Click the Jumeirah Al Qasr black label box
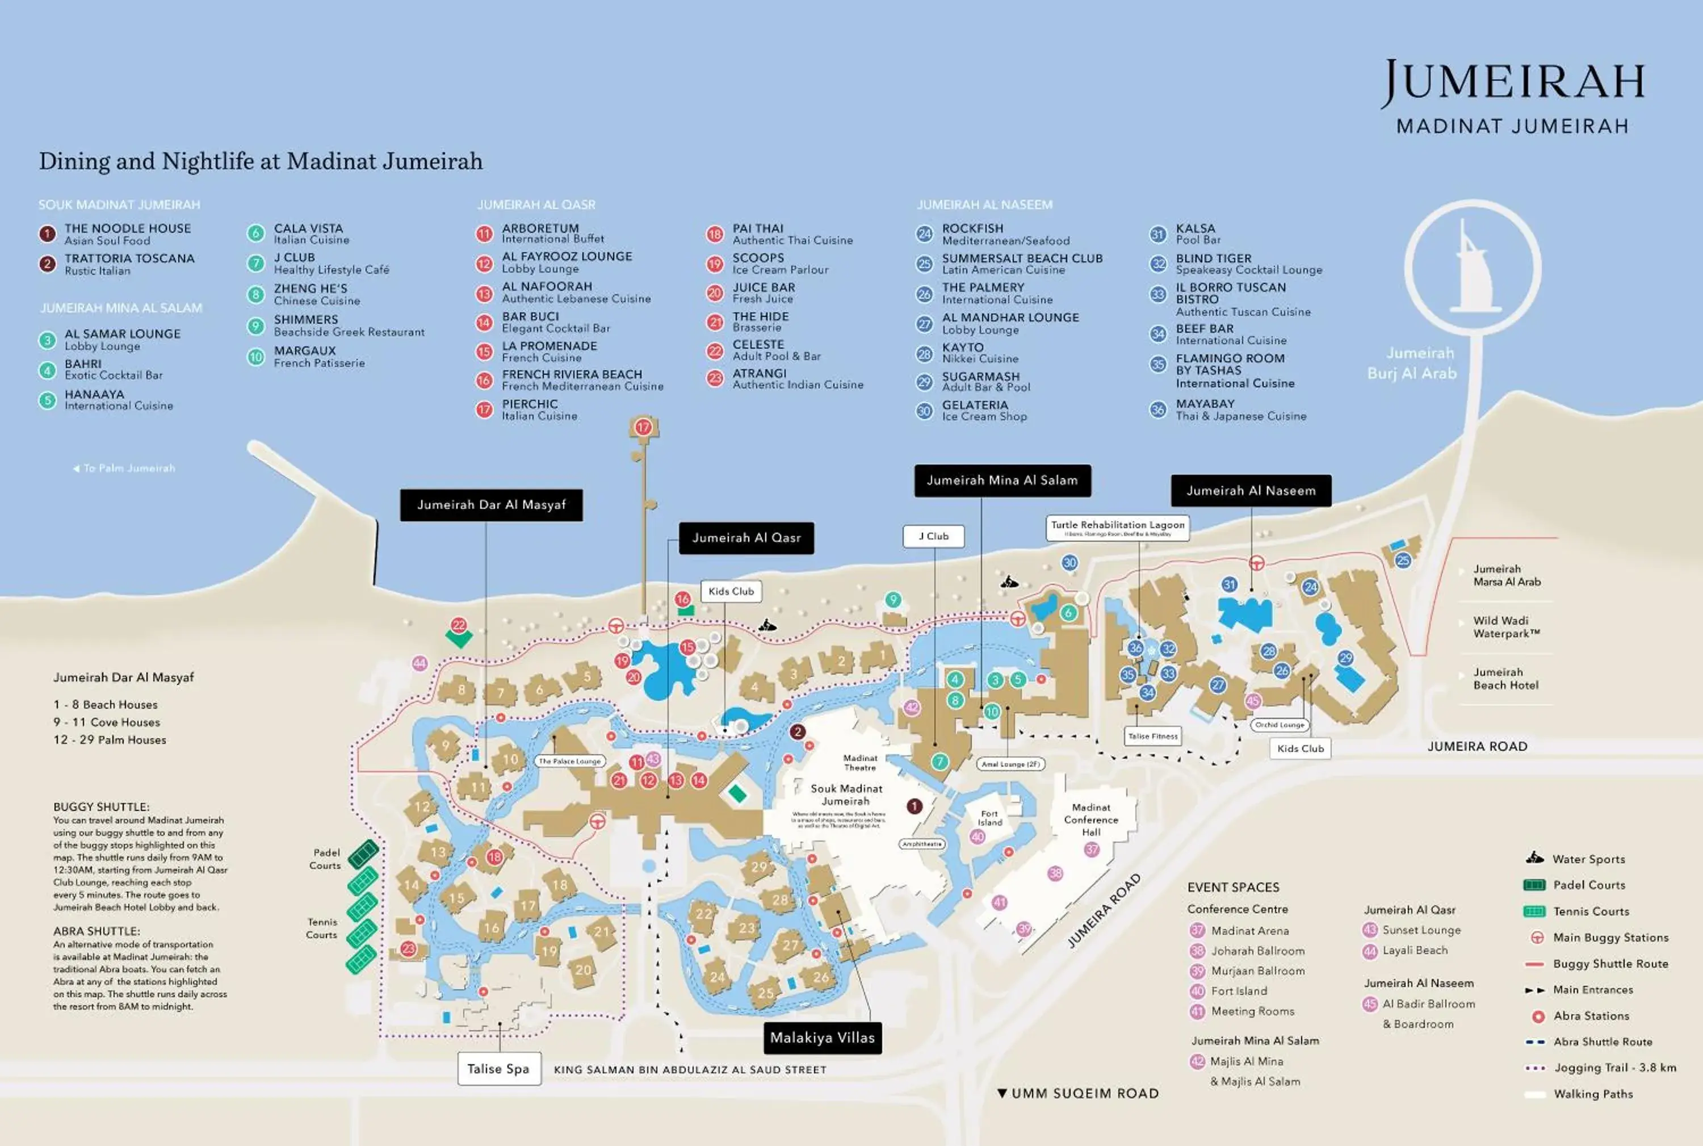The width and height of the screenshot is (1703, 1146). pyautogui.click(x=746, y=538)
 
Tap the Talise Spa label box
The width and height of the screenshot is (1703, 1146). pyautogui.click(x=499, y=1069)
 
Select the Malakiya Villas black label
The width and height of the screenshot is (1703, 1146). pyautogui.click(x=822, y=1038)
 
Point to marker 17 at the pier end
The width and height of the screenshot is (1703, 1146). pyautogui.click(x=643, y=428)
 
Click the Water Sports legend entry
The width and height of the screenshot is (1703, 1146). pyautogui.click(x=1588, y=859)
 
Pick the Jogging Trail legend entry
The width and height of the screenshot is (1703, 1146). pyautogui.click(x=1614, y=1068)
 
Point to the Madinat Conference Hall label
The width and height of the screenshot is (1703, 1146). pyautogui.click(x=1090, y=819)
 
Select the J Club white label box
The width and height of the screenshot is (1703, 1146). pyautogui.click(x=933, y=537)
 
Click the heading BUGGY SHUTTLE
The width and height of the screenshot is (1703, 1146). pyautogui.click(x=101, y=807)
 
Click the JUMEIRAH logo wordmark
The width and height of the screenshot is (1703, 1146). pyautogui.click(x=1512, y=82)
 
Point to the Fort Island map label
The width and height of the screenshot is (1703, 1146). pyautogui.click(x=990, y=818)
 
